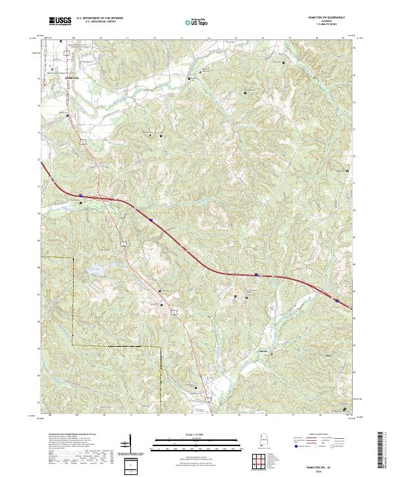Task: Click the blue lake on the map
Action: (x=94, y=268)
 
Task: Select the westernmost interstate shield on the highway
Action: (x=80, y=195)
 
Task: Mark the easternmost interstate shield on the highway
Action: (x=336, y=300)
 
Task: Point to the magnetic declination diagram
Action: (x=127, y=443)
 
